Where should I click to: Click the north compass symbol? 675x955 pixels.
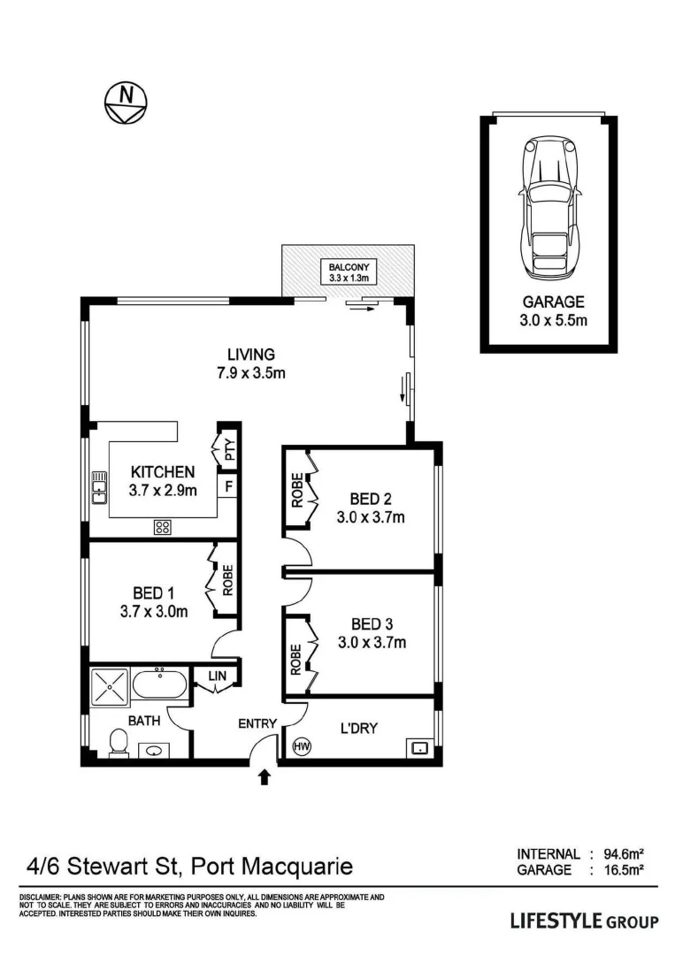point(127,103)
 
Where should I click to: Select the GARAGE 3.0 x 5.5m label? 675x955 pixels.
point(553,310)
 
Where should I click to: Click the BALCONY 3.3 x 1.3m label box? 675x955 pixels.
point(349,272)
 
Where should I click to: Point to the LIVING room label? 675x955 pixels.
point(251,363)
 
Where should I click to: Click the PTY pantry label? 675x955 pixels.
point(230,450)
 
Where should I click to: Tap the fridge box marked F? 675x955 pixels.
point(228,486)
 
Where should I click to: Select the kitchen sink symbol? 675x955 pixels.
point(99,488)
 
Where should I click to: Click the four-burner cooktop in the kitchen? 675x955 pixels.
point(162,527)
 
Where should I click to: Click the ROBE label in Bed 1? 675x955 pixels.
point(228,580)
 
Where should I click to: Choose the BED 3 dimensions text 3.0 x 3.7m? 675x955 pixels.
point(372,642)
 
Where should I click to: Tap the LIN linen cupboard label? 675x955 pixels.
point(218,676)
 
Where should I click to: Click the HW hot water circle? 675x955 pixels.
point(302,745)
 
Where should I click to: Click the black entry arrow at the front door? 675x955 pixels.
point(265,777)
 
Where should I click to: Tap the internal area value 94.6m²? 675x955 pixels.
point(624,854)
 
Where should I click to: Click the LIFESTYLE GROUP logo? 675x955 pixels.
point(584,921)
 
